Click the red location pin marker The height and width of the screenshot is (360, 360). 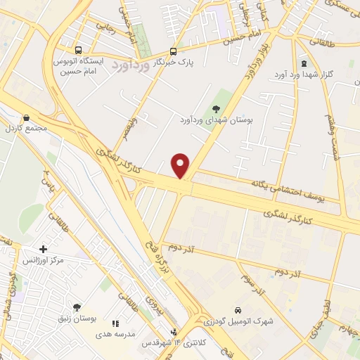pyautogui.click(x=181, y=165)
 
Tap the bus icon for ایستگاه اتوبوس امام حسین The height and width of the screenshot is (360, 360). pyautogui.click(x=77, y=51)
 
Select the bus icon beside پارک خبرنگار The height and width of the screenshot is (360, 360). pyautogui.click(x=174, y=51)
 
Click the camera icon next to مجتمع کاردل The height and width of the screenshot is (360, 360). pyautogui.click(x=27, y=118)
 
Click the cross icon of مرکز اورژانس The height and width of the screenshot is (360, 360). pyautogui.click(x=44, y=250)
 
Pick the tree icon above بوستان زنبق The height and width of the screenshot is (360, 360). pyautogui.click(x=77, y=307)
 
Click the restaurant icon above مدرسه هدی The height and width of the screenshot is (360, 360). pyautogui.click(x=115, y=323)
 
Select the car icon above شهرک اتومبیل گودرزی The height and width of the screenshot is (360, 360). pyautogui.click(x=238, y=310)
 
